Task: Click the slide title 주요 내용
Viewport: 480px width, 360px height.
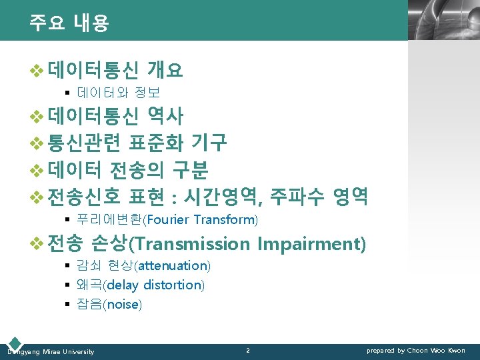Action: pos(69,23)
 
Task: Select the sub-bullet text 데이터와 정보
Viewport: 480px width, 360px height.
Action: pos(118,92)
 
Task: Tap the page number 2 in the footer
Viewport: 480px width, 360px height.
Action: pos(247,350)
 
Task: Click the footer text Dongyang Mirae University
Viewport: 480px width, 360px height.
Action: pos(51,351)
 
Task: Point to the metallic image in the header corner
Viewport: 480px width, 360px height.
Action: pos(443,20)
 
